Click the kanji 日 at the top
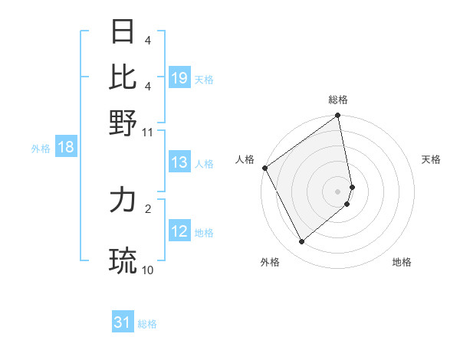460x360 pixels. [x=123, y=34]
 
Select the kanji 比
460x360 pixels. [x=123, y=77]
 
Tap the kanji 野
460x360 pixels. [x=123, y=123]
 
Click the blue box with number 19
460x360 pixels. [x=179, y=77]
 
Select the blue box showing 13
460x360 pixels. [x=179, y=162]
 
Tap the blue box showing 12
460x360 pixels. [x=179, y=231]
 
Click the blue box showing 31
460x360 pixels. [x=123, y=322]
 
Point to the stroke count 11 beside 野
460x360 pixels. [x=148, y=132]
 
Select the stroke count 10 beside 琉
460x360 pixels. [x=148, y=270]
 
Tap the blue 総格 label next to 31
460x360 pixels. [x=147, y=324]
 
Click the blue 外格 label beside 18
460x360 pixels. [x=41, y=149]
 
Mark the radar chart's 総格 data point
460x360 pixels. [x=338, y=116]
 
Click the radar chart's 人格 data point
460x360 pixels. [x=264, y=168]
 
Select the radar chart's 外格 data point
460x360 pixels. [x=301, y=242]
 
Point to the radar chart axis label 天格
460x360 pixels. [x=431, y=159]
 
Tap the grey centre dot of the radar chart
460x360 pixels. [x=338, y=191]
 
